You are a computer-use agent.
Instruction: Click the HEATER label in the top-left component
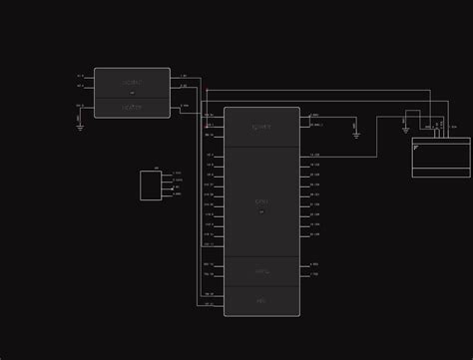132,108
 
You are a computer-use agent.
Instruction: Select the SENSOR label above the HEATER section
132,82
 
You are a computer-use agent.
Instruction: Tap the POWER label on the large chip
261,128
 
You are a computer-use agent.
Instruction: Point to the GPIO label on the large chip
261,202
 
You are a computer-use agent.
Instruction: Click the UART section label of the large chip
261,271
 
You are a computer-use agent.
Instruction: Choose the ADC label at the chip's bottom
261,300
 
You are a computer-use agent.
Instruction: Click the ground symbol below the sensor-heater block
80,127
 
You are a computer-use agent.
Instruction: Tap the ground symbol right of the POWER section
356,134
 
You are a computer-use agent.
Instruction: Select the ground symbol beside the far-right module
405,130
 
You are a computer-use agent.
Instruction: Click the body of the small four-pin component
150,185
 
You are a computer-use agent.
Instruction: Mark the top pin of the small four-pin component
166,174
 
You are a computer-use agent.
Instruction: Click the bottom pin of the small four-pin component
166,194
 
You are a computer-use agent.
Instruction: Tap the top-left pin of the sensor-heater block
90,76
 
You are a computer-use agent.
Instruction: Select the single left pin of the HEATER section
90,106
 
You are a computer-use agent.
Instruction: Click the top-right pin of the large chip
304,116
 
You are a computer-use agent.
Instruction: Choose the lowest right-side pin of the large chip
304,274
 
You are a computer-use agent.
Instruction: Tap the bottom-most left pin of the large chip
219,303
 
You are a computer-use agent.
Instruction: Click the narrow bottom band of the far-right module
441,172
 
